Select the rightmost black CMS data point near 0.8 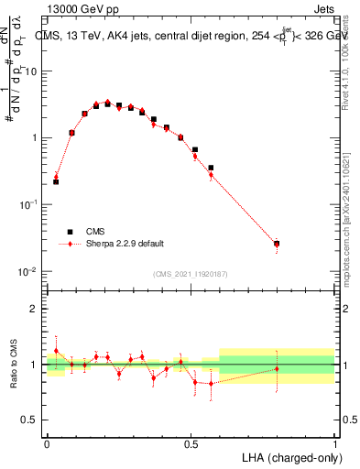277,244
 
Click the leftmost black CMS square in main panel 56,181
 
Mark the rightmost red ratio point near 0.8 277,369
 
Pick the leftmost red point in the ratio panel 56,351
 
